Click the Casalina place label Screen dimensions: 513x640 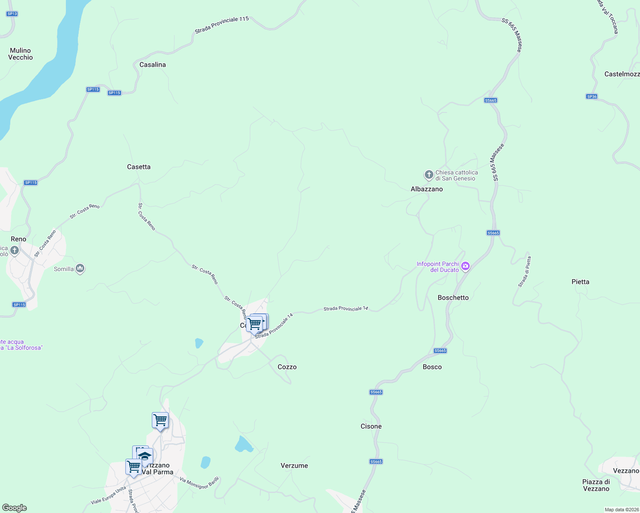pos(153,65)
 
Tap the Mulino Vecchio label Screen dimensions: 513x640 pos(21,54)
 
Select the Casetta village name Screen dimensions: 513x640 pos(139,167)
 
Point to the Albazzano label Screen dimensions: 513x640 pos(427,189)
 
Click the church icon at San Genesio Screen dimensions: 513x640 pos(429,175)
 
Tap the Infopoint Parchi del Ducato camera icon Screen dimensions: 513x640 pos(465,266)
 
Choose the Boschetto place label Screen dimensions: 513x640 pos(453,298)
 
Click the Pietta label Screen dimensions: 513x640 pos(580,282)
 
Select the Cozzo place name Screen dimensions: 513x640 pos(287,367)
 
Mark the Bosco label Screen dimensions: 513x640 pos(432,367)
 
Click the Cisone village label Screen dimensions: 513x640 pos(371,426)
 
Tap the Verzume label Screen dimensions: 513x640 pos(294,466)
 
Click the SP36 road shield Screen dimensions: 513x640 pos(592,97)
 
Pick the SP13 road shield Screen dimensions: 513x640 pos(12,14)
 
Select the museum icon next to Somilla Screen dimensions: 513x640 pos(80,268)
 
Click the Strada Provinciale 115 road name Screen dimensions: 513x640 pos(222,25)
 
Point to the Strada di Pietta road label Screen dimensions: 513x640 pos(524,272)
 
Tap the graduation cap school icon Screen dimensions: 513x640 pos(145,456)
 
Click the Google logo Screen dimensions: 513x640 pos(15,508)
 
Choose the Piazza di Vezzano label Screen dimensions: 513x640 pos(596,485)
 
